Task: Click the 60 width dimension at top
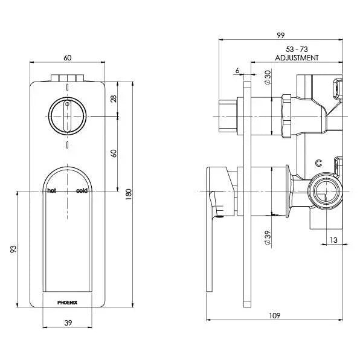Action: (68, 58)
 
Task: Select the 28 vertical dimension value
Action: (114, 98)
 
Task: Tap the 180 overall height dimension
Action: (128, 194)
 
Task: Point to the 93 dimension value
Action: (13, 248)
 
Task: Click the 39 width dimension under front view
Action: (68, 323)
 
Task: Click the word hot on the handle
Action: (52, 191)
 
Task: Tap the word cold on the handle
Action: (82, 191)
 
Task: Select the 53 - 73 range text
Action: (296, 48)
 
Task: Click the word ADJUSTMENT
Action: (296, 57)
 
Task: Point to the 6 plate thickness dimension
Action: (237, 71)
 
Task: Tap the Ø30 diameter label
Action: (267, 77)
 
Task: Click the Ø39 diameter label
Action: (267, 237)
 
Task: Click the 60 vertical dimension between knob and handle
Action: (114, 153)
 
